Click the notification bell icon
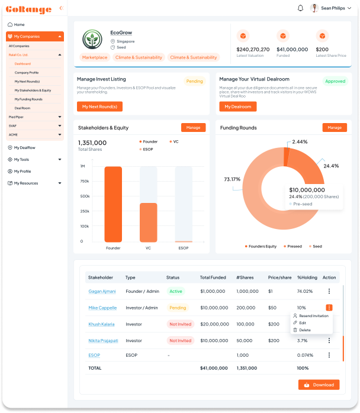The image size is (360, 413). click(300, 8)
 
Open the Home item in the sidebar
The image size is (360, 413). click(19, 24)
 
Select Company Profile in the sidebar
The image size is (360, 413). click(27, 72)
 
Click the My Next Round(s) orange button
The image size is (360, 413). click(99, 107)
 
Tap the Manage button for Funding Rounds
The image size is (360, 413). click(335, 127)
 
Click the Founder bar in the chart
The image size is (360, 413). click(113, 204)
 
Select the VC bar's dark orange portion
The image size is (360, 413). click(148, 222)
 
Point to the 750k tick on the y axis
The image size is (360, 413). click(85, 181)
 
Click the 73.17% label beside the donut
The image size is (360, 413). click(232, 179)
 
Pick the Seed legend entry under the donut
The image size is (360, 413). click(315, 246)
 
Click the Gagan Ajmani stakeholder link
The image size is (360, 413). click(102, 291)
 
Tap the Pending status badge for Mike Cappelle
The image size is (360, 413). click(178, 308)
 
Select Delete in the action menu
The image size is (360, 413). click(304, 330)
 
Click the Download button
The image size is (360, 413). click(319, 385)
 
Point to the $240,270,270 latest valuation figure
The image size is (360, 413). click(253, 49)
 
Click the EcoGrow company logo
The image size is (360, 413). click(92, 39)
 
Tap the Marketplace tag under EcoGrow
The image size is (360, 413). click(95, 57)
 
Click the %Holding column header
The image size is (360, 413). click(307, 277)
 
